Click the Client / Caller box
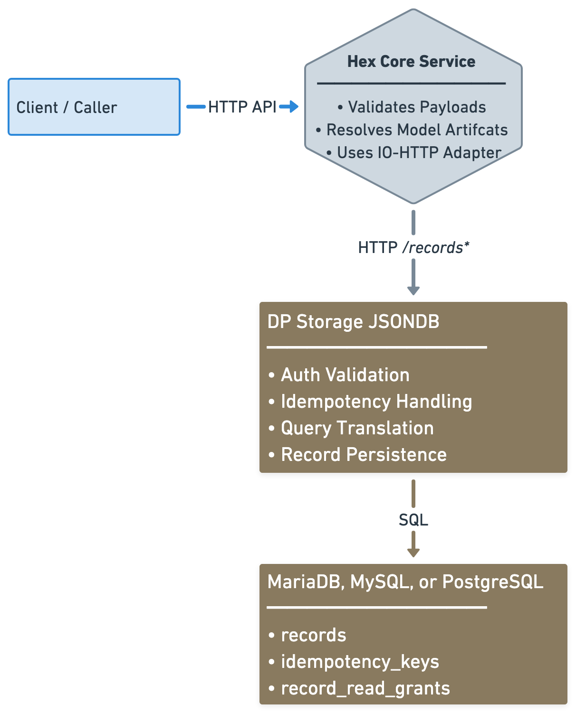[x=94, y=107]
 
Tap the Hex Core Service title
[x=411, y=62]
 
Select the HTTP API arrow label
[x=242, y=107]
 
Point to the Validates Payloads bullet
[x=412, y=107]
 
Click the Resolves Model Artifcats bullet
[x=412, y=130]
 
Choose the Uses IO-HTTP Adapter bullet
[x=414, y=153]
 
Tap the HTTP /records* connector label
[x=413, y=247]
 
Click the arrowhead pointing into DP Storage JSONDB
[x=413, y=290]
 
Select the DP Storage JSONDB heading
[x=353, y=322]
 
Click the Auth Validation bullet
[x=339, y=375]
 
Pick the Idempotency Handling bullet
[x=370, y=402]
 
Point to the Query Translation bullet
[x=351, y=428]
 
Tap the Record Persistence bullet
[x=357, y=455]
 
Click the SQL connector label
[x=413, y=520]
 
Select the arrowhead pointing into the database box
[x=413, y=552]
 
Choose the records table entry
[x=307, y=635]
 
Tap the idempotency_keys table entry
[x=354, y=662]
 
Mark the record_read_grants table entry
[x=359, y=688]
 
